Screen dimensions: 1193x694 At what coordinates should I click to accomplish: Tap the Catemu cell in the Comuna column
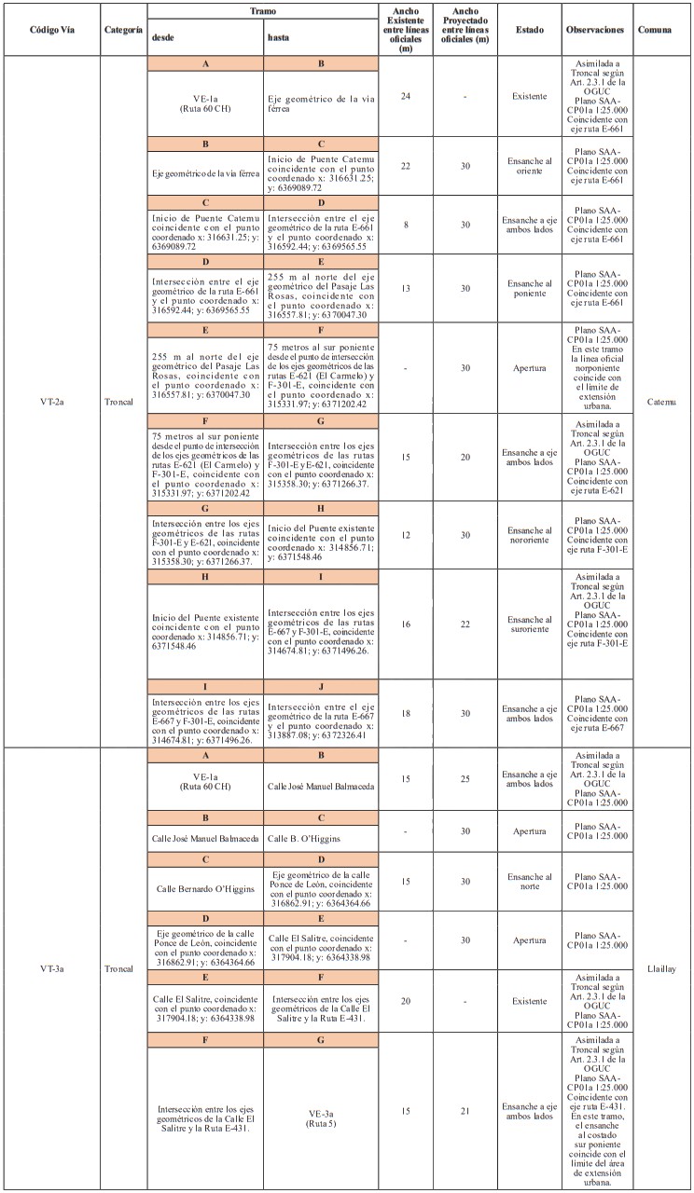coord(662,402)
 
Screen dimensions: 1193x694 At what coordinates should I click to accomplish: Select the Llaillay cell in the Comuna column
coord(662,969)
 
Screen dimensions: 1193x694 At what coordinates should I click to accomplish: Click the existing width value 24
coord(406,96)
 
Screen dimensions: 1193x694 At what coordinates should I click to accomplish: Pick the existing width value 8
coord(406,225)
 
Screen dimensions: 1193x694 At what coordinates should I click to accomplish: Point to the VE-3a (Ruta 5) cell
coord(320,1116)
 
